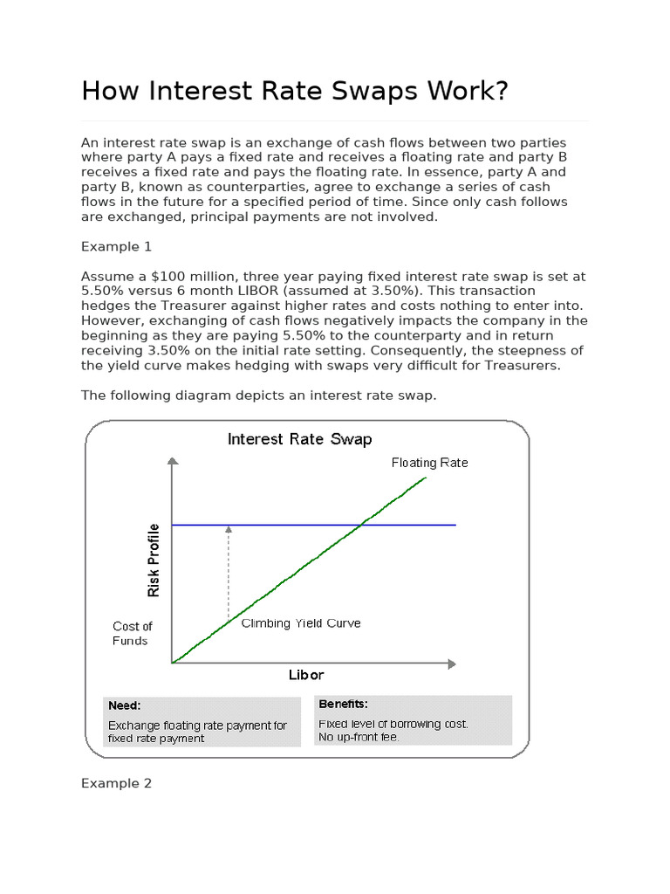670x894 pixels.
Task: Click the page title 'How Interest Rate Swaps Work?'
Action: pos(294,91)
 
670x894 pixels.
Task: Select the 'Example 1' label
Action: pos(116,247)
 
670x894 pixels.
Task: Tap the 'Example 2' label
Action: pos(116,783)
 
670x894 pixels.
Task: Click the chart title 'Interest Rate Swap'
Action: pos(299,438)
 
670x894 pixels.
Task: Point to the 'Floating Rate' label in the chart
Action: pos(429,463)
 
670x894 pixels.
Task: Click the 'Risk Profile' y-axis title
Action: pos(154,560)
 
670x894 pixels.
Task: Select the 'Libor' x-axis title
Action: pos(306,675)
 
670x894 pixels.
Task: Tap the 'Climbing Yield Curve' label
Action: pos(300,623)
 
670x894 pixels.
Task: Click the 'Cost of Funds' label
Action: pos(132,633)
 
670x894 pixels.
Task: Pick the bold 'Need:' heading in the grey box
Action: pos(125,705)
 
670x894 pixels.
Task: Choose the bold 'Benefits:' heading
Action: pos(343,704)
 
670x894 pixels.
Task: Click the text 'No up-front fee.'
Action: pos(359,737)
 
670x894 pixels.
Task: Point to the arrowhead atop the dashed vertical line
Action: pos(229,528)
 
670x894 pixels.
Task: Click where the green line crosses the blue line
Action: pos(361,525)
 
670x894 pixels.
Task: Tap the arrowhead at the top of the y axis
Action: pos(173,461)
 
